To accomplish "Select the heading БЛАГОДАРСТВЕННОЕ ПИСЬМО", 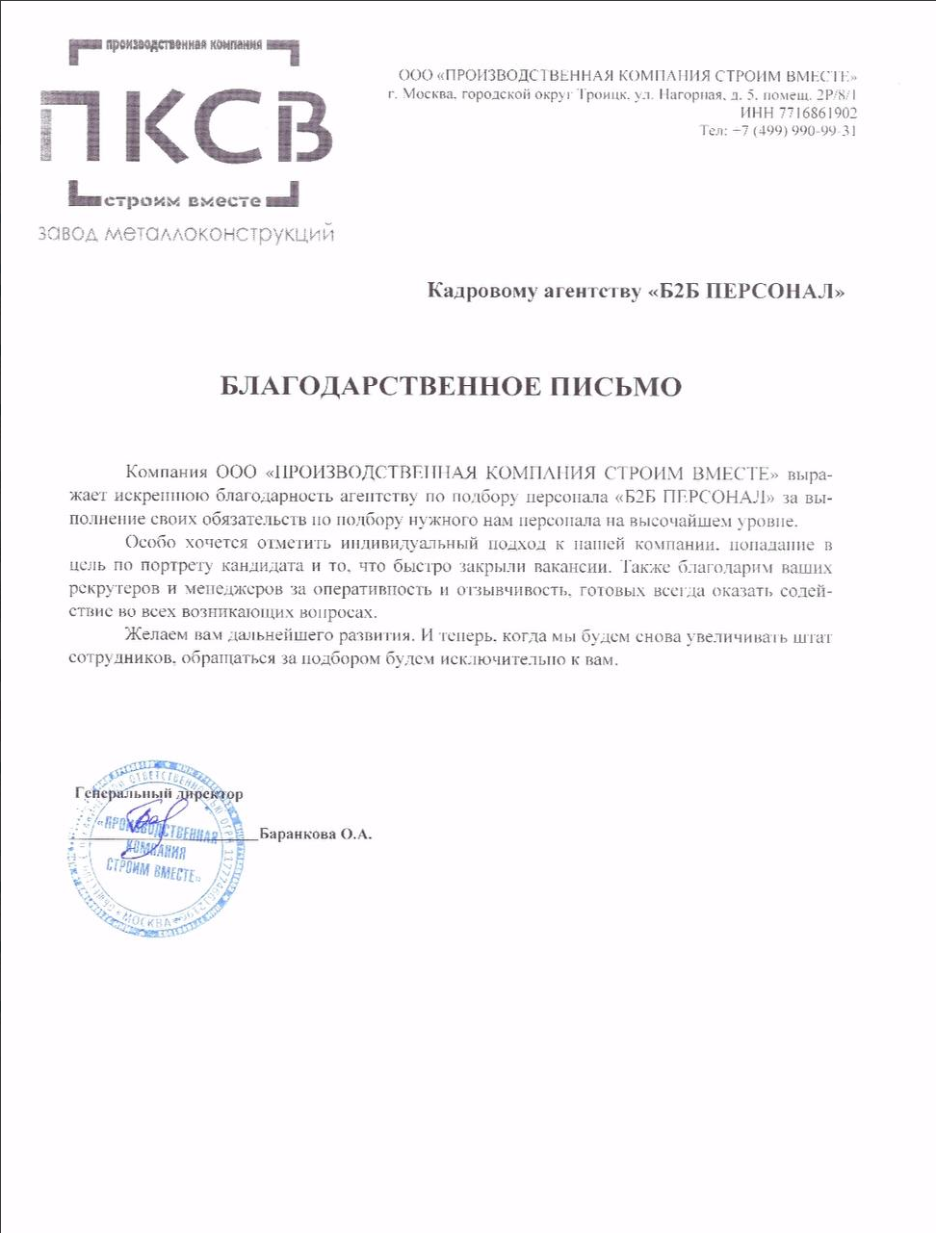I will point(451,387).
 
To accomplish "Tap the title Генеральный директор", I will point(159,794).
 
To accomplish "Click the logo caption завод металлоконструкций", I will point(186,234).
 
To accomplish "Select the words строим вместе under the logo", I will point(182,200).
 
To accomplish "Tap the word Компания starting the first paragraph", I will point(167,473).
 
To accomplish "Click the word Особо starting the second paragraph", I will point(150,543).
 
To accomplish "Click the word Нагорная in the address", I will point(691,94).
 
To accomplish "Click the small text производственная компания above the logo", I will point(183,44).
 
